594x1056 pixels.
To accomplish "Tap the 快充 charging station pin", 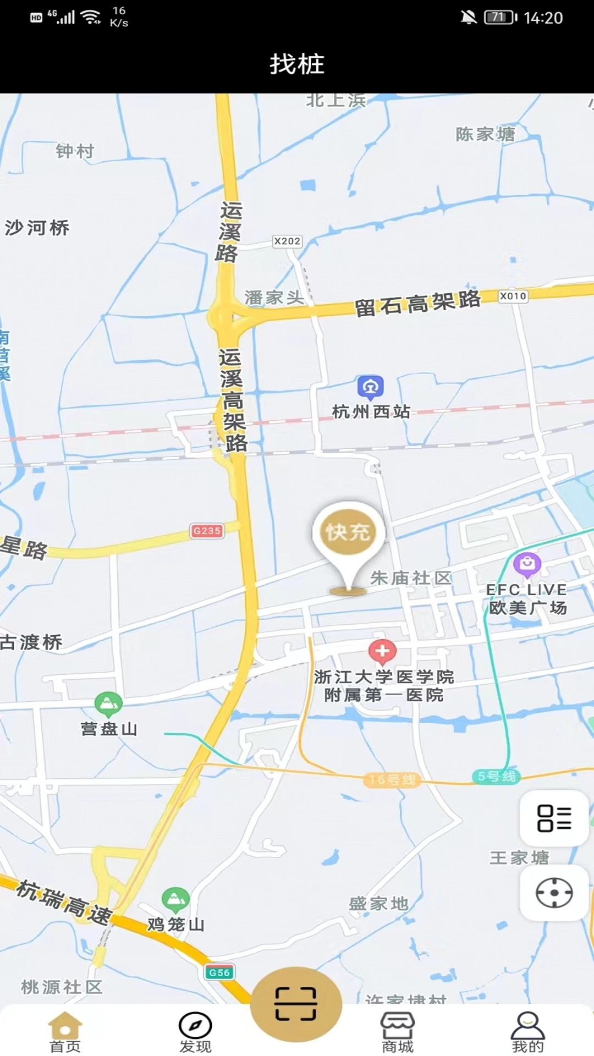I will click(348, 532).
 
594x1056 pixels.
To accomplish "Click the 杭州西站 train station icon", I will click(370, 387).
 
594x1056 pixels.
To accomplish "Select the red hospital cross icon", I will click(382, 652).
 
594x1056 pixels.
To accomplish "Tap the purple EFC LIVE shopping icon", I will click(527, 564).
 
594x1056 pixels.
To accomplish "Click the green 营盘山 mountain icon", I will click(108, 703).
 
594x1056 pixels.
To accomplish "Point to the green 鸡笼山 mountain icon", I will click(175, 899).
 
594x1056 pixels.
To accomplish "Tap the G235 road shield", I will click(207, 531).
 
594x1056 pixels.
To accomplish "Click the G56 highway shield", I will click(219, 972).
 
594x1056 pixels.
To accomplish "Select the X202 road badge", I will click(287, 241).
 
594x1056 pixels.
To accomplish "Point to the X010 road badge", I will click(513, 296).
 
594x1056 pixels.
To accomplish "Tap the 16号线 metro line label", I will click(392, 779).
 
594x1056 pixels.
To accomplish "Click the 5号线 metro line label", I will click(496, 776).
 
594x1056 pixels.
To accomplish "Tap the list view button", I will click(554, 818).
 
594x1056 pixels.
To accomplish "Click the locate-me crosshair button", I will click(554, 893).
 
